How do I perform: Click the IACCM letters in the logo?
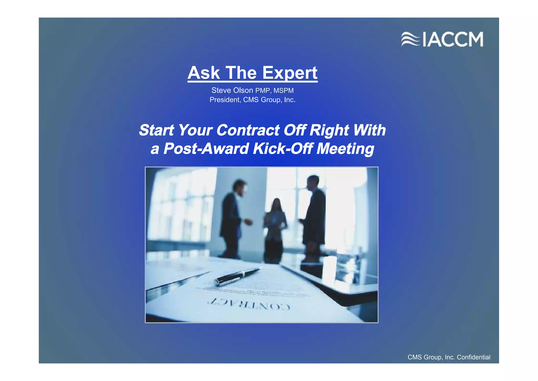point(453,39)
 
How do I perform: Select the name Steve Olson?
point(232,90)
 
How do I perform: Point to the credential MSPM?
point(283,91)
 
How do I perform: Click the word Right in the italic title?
point(329,130)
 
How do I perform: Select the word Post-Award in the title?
point(206,149)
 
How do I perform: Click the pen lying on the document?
point(236,276)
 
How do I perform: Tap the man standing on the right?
point(314,216)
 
